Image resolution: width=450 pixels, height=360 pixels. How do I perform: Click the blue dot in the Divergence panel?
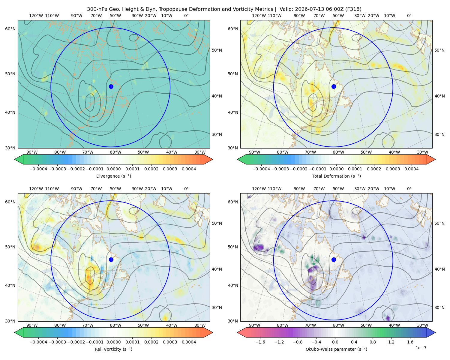(111, 86)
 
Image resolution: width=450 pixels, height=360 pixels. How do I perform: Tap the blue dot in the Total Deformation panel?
(334, 86)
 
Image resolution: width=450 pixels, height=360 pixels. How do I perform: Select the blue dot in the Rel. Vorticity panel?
(111, 259)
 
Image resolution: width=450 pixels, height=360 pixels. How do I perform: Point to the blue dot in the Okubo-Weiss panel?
(334, 259)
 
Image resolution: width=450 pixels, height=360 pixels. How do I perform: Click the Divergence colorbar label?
(113, 176)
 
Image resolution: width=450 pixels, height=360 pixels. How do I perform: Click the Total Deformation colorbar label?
(336, 176)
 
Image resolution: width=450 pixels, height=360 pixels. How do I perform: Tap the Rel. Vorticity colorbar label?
(113, 349)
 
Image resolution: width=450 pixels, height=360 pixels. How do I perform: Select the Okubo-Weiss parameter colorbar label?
(336, 349)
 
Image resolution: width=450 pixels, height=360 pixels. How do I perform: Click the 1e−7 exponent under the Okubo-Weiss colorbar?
(421, 348)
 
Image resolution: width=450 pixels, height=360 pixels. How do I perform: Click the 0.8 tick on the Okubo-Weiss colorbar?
(373, 342)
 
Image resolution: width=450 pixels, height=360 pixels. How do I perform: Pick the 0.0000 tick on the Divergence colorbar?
(113, 169)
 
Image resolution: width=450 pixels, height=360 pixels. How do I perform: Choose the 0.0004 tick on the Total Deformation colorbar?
(412, 169)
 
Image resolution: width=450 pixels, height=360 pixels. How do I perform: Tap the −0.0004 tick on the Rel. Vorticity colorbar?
(38, 342)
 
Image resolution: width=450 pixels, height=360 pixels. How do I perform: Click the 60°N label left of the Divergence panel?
(10, 29)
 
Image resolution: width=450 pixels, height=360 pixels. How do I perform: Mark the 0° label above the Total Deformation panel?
(409, 16)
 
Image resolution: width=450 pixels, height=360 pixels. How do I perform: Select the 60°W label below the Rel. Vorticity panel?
(115, 325)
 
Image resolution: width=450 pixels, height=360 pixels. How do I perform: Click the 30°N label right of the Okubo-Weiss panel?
(439, 307)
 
